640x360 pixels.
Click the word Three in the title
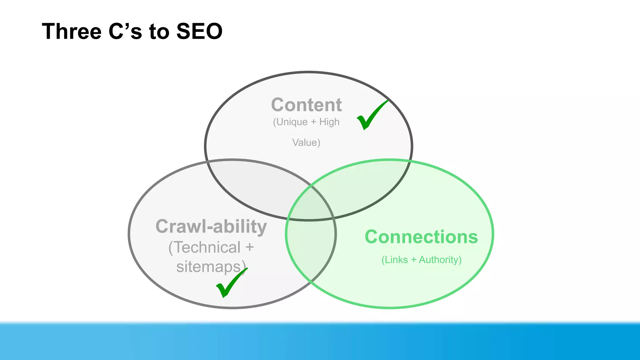coord(72,31)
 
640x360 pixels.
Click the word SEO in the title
coord(199,31)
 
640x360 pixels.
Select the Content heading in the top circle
coord(306,105)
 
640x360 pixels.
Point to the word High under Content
coord(329,122)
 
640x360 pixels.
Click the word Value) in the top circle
coord(306,142)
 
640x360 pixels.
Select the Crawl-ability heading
coord(211,226)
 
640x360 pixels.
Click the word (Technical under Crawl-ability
coord(205,247)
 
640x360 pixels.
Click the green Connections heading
coord(421,237)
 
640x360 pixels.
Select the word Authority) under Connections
coord(440,260)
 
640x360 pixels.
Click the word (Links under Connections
coord(395,260)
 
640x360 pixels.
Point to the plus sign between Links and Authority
coord(413,260)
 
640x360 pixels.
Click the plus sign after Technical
coord(249,247)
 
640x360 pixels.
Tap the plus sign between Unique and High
coord(313,122)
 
